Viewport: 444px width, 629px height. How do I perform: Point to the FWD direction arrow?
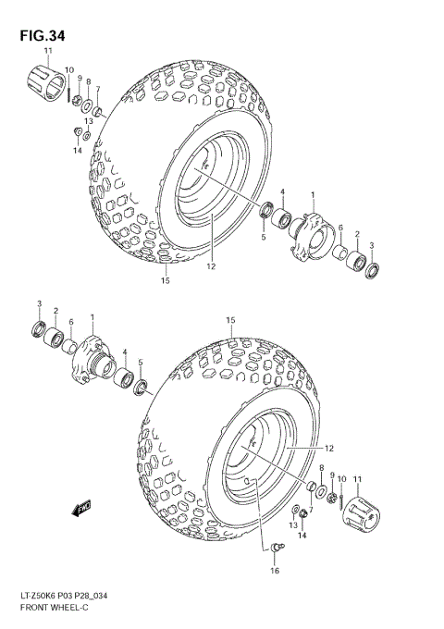80,507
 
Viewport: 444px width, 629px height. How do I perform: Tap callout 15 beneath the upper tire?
166,280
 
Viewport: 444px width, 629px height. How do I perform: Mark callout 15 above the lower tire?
230,321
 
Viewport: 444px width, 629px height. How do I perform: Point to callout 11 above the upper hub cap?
48,50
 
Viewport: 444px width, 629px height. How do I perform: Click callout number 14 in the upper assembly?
79,150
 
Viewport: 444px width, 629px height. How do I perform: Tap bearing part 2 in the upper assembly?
357,262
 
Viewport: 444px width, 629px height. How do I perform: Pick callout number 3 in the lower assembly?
39,304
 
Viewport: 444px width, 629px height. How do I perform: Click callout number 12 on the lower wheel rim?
328,450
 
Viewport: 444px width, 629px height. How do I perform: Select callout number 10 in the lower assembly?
342,478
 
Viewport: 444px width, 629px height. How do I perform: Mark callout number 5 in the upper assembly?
263,238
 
